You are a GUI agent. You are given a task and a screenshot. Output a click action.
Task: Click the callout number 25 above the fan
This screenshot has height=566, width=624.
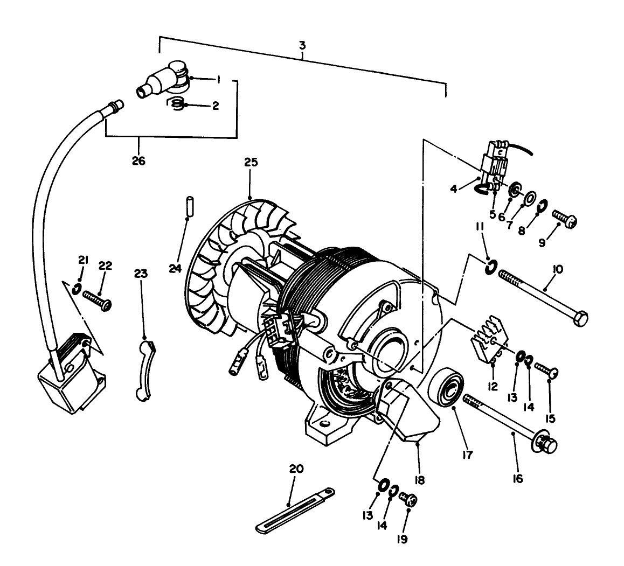pos(251,162)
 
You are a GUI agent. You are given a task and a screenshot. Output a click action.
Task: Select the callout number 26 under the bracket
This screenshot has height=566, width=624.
pos(139,160)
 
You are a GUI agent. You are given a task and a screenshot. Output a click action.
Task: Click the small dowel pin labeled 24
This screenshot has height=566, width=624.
pos(189,207)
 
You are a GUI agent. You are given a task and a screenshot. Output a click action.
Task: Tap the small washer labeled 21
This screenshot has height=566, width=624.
pos(78,290)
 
